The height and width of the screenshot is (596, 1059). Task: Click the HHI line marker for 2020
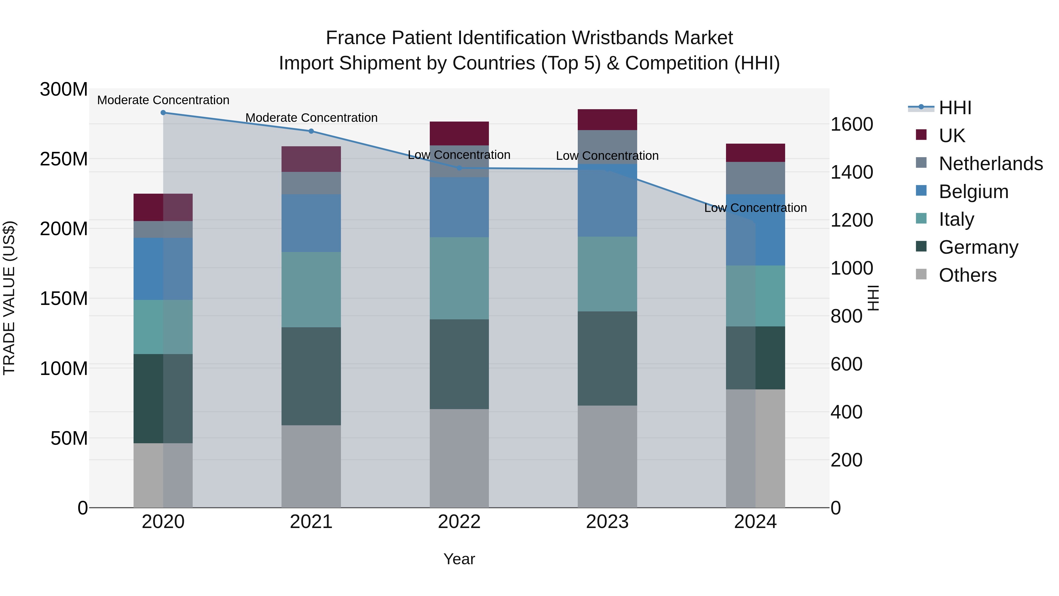pyautogui.click(x=163, y=112)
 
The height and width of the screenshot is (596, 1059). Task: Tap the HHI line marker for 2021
pyautogui.click(x=311, y=131)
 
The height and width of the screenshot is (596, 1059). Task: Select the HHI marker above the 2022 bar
pyautogui.click(x=459, y=168)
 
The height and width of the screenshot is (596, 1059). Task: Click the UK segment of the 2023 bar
pyautogui.click(x=607, y=120)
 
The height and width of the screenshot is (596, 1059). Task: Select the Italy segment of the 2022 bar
pyautogui.click(x=459, y=278)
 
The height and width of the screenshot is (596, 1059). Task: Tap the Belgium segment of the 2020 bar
pyautogui.click(x=163, y=269)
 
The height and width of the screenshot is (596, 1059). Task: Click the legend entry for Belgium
pyautogui.click(x=973, y=192)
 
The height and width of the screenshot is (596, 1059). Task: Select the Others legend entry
pyautogui.click(x=967, y=275)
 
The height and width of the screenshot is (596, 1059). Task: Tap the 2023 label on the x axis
pyautogui.click(x=607, y=522)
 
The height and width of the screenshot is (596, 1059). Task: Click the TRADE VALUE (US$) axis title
pyautogui.click(x=9, y=298)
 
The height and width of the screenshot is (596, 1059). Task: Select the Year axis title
pyautogui.click(x=459, y=559)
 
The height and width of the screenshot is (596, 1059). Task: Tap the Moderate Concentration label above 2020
pyautogui.click(x=163, y=100)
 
